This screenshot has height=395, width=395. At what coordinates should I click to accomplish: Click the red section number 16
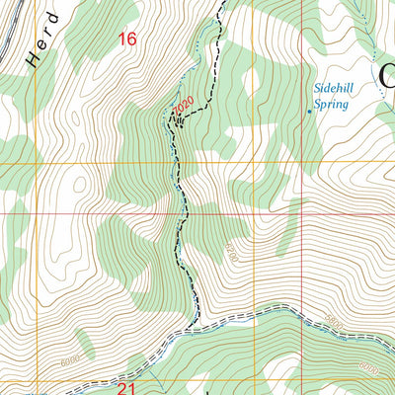pos(126,39)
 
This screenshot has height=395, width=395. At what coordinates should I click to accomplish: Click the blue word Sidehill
pos(333,87)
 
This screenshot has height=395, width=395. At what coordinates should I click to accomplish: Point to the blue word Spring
pos(331,103)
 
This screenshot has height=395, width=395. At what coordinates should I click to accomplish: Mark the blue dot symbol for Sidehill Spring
pos(309,112)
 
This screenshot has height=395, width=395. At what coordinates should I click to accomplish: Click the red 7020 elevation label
pos(182,104)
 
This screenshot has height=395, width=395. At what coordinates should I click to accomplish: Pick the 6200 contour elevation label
pos(231,247)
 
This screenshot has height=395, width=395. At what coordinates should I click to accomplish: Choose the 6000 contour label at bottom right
pos(367,366)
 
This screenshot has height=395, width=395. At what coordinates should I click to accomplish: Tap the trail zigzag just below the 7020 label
pos(178,120)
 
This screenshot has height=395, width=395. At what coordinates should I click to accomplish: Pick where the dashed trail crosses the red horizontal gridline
pos(180,212)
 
